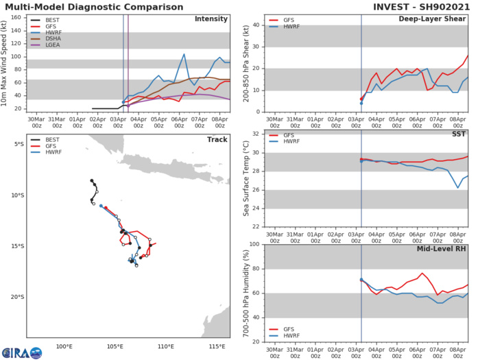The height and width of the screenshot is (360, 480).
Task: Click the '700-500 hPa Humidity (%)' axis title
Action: click(x=246, y=293)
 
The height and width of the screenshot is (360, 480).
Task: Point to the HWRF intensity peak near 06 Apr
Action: click(x=184, y=54)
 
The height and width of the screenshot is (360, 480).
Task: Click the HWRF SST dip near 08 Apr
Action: click(x=459, y=188)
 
